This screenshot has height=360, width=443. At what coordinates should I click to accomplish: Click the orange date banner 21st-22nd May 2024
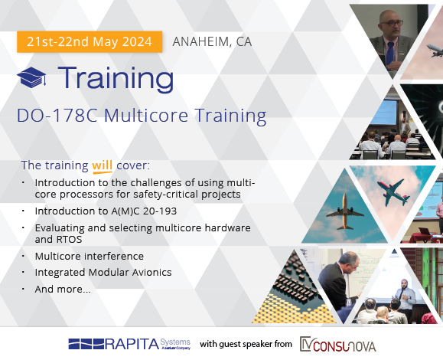[x=90, y=42]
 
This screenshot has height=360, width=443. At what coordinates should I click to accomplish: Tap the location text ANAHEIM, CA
[x=212, y=42]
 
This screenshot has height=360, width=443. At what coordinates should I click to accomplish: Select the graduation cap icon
[x=31, y=77]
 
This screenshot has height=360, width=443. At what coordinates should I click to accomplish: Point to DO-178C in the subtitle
[x=57, y=115]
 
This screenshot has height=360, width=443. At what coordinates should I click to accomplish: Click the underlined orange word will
[x=103, y=165]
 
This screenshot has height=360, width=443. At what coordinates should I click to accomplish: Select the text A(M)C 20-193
[x=142, y=211]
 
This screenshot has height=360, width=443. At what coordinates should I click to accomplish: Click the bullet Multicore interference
[x=90, y=257]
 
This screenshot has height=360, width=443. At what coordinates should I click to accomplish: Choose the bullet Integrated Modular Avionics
[x=103, y=273]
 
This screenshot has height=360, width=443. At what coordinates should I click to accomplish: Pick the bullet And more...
[x=63, y=290]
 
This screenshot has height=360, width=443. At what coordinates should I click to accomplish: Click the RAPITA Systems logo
[x=129, y=344]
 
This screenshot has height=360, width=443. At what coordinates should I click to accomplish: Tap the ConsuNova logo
[x=338, y=344]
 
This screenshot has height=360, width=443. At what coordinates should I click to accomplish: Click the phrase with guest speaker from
[x=246, y=344]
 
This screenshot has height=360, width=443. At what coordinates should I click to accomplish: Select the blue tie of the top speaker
[x=390, y=53]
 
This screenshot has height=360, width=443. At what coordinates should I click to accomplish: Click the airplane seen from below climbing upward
[x=345, y=211]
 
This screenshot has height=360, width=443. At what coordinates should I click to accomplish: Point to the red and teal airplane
[x=393, y=192]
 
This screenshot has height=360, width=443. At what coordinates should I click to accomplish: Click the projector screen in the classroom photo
[x=383, y=112]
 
